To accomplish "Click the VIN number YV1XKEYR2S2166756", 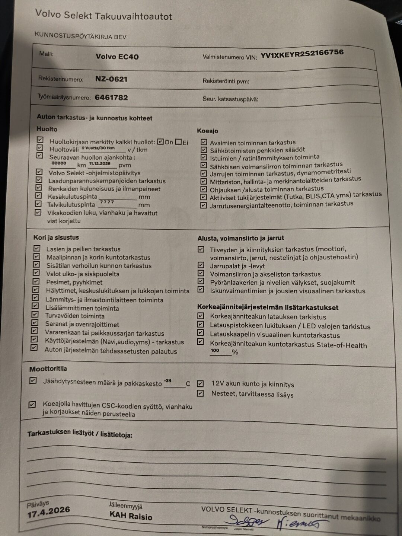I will [301, 54].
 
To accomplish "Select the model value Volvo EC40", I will [117, 57].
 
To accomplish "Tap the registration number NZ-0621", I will [111, 79].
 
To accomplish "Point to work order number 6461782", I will [111, 98].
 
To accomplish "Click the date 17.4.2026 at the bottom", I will [48, 512].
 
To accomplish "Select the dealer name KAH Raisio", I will [131, 516].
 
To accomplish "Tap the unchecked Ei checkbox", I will [178, 142].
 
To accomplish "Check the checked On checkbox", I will [160, 142].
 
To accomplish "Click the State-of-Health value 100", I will [215, 350].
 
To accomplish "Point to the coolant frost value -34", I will [168, 381].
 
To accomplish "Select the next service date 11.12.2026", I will [99, 163].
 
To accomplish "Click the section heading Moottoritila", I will [48, 369].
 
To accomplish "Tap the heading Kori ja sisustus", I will [56, 237].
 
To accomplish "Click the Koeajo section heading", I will [207, 131].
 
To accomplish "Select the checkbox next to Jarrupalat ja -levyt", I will [201, 265].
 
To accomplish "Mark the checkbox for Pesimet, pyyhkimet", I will [36, 281].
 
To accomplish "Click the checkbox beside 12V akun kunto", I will [200, 383].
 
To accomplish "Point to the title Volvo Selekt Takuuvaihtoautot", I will [103, 16].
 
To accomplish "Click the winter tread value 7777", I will [107, 202].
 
